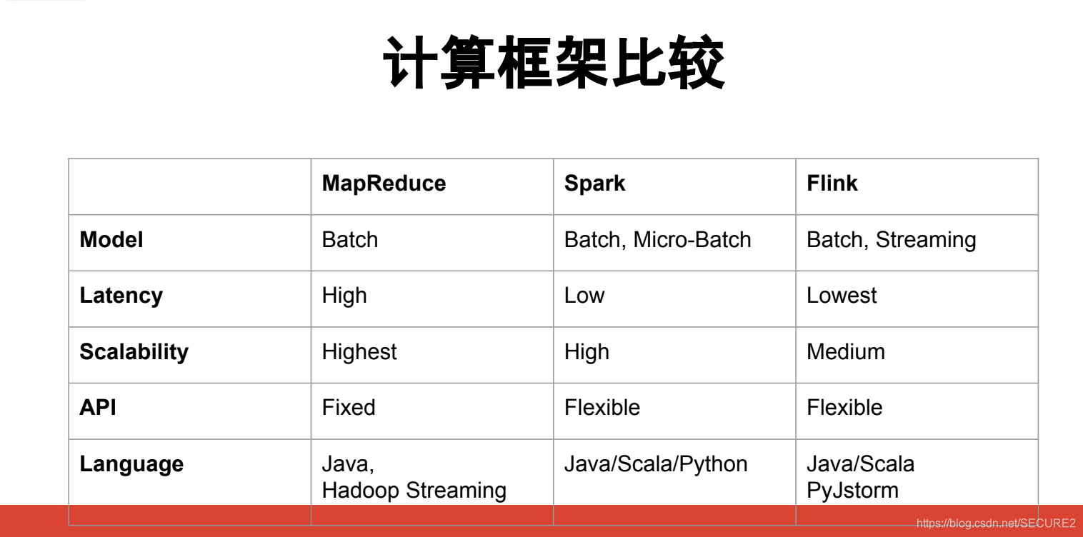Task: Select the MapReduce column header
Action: point(384,184)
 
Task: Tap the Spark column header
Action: point(594,184)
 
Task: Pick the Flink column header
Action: point(832,184)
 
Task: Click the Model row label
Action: point(111,240)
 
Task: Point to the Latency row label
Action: point(121,296)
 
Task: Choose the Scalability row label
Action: point(134,352)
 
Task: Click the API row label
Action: point(98,408)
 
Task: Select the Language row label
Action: point(131,464)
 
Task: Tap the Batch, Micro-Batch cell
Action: point(657,240)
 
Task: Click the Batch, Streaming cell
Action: point(891,240)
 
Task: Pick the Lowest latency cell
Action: point(841,296)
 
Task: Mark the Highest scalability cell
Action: point(359,352)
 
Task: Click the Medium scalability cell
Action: point(845,352)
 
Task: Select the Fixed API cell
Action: point(349,408)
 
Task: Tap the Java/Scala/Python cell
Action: point(656,464)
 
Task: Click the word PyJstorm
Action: point(852,491)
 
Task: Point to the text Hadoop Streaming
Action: point(414,491)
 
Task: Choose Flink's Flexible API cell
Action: point(844,408)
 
